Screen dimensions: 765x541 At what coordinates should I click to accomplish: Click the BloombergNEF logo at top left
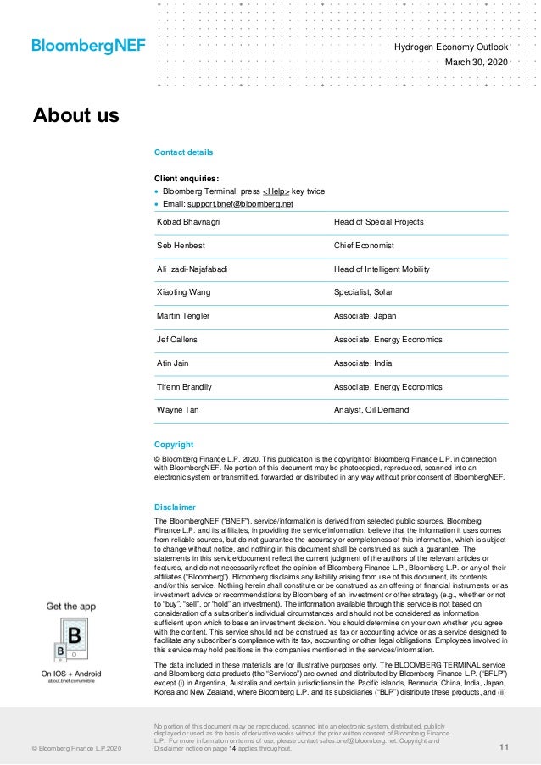click(x=88, y=46)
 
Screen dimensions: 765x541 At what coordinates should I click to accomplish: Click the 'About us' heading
click(x=76, y=115)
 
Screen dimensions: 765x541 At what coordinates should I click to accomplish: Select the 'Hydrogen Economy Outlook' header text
click(x=451, y=47)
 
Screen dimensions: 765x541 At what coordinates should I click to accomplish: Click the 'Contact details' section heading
click(x=183, y=152)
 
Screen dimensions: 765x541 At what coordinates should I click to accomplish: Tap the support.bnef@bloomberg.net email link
click(x=240, y=204)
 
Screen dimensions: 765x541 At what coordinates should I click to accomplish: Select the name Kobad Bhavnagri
click(x=188, y=222)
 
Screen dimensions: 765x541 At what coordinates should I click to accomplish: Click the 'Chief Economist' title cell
click(x=364, y=246)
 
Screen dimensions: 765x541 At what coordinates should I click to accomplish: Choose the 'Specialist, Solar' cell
click(x=367, y=292)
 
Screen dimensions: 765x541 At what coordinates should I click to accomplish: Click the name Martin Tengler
click(x=183, y=316)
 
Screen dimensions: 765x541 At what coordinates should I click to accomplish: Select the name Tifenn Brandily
click(x=184, y=387)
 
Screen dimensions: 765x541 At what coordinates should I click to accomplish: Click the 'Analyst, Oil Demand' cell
click(x=371, y=410)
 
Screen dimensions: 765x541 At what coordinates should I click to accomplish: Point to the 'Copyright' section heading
click(x=174, y=445)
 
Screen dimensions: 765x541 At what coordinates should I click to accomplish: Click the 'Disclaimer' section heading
click(x=176, y=507)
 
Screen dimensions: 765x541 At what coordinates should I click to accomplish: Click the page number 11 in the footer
click(x=504, y=746)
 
